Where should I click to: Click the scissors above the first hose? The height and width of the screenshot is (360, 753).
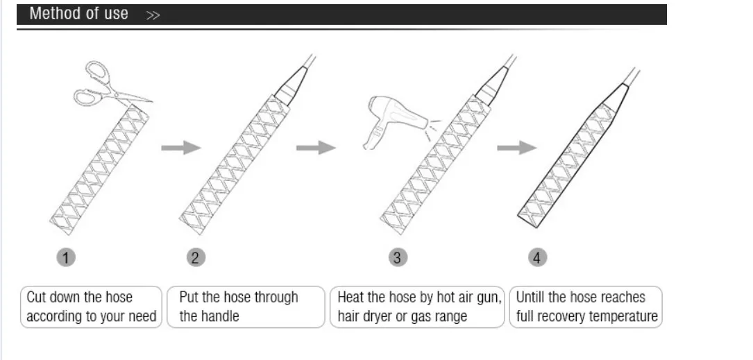104,85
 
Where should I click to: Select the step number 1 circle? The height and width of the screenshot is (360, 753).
66,258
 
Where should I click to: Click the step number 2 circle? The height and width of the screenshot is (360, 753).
196,258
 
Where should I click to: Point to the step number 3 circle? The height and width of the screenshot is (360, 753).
397,258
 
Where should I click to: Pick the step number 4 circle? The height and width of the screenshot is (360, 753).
538,258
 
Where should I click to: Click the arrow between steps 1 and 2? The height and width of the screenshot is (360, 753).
180,147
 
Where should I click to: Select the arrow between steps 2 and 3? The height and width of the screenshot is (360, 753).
316,147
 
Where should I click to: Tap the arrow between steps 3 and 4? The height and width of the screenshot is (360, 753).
516,147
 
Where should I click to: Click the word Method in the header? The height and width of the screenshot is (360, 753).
56,14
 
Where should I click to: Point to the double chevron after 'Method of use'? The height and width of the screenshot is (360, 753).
153,15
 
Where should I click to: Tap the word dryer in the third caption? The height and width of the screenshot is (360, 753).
380,316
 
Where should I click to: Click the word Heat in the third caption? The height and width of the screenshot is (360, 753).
351,298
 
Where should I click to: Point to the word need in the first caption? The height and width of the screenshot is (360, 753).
143,317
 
